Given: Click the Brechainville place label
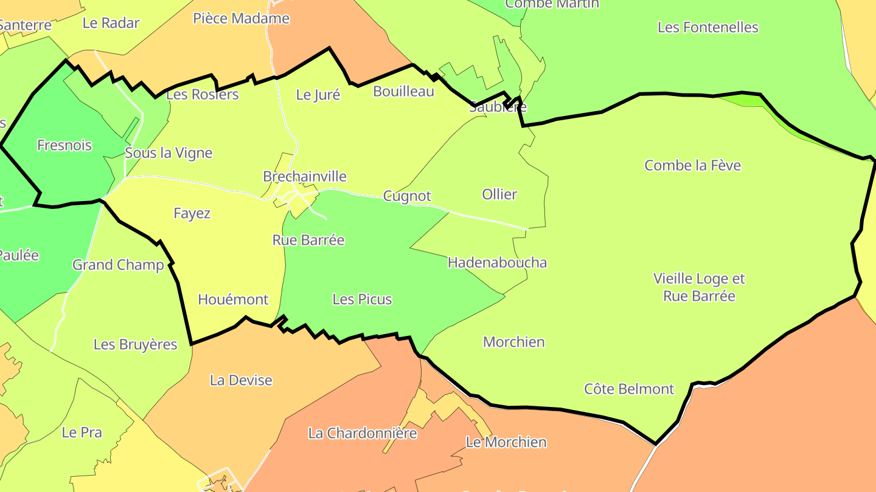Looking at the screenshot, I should point(305,177).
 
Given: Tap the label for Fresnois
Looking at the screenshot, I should point(64,145).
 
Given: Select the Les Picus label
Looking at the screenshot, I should point(362,299).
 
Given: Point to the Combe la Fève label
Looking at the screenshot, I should point(693,165).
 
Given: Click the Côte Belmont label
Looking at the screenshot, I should point(629,389).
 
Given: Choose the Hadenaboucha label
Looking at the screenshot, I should point(497,262).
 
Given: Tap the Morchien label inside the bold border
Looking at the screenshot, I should point(513,342).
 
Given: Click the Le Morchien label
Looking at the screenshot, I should point(506,442).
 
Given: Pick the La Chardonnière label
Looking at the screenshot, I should point(363,433).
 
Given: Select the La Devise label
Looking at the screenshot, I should point(241,380).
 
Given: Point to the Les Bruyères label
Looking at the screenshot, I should point(135,344).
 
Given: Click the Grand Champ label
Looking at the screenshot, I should point(118,265).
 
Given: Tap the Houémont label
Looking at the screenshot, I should point(233,299).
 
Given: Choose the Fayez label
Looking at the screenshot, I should point(192,213).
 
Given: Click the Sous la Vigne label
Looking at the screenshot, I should point(169,153).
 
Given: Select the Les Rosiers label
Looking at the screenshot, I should point(202,95).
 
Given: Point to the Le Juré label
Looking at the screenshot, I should point(318,95).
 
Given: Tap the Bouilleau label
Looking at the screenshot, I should point(403,92).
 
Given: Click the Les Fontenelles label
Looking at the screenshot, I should point(708,27).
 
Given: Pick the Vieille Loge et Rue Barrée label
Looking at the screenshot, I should point(699,287).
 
